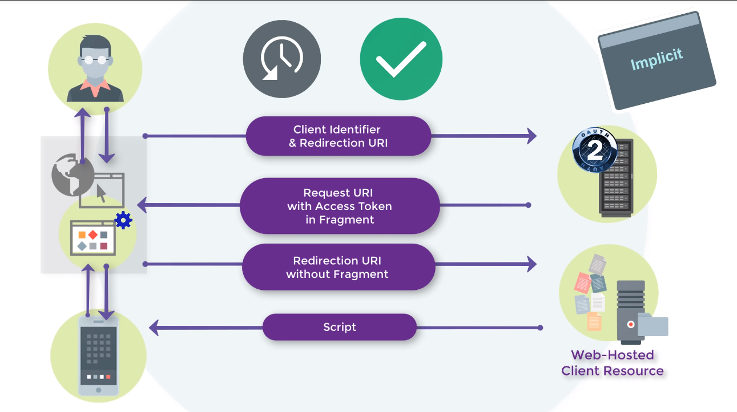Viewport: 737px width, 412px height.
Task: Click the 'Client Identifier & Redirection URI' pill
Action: pos(338,136)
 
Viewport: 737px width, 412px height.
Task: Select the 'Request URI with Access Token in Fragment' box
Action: pos(340,206)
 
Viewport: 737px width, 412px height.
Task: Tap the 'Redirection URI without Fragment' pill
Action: pos(339,267)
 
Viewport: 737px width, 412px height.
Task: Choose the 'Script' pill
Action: pos(340,327)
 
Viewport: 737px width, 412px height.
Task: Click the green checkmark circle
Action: pos(401,59)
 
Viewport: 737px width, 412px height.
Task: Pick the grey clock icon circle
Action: pos(282,59)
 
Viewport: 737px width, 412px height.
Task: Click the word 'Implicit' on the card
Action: pos(657,59)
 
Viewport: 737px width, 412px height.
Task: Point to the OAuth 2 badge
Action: pos(595,150)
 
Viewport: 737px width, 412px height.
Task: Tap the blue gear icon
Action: pos(123,220)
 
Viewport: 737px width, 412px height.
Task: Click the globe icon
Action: pos(73,175)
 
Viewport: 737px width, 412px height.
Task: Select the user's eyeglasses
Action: pos(95,60)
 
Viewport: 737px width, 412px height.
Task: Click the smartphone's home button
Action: pos(98,390)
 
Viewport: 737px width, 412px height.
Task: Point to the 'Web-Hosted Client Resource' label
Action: pos(613,363)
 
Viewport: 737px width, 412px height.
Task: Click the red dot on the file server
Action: pos(631,325)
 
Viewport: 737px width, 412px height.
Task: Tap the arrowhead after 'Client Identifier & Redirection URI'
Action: pos(531,136)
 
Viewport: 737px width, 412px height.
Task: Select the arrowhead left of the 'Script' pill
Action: pos(154,328)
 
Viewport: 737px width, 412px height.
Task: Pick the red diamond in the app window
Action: pos(93,235)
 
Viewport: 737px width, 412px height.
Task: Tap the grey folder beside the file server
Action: pos(653,325)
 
